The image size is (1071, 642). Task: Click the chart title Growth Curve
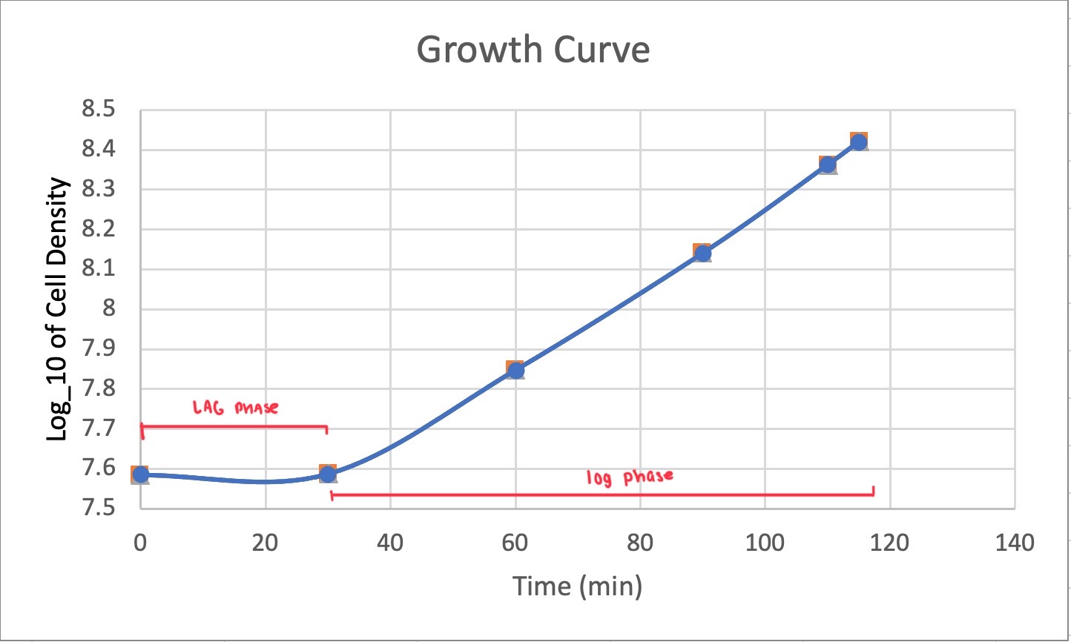[533, 50]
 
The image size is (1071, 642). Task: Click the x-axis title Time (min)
[577, 586]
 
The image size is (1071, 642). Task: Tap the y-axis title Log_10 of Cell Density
[58, 310]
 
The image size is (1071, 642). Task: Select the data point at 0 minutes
[140, 474]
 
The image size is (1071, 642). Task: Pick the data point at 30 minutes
[328, 474]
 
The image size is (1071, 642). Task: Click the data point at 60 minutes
[515, 370]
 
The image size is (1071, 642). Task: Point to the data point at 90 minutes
[702, 254]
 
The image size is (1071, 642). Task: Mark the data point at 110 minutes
[828, 165]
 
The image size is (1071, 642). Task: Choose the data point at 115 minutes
[859, 142]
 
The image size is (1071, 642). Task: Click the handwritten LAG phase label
[235, 407]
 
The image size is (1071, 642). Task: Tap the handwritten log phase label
[630, 476]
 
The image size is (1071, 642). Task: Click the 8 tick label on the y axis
[109, 309]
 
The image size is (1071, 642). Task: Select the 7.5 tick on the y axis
[100, 508]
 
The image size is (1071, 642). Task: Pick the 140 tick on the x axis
[1014, 543]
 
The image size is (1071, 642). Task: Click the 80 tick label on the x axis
[639, 543]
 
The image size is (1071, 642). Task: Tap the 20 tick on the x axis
[265, 543]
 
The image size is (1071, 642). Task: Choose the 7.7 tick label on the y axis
[100, 428]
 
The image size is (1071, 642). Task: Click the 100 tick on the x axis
[764, 543]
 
